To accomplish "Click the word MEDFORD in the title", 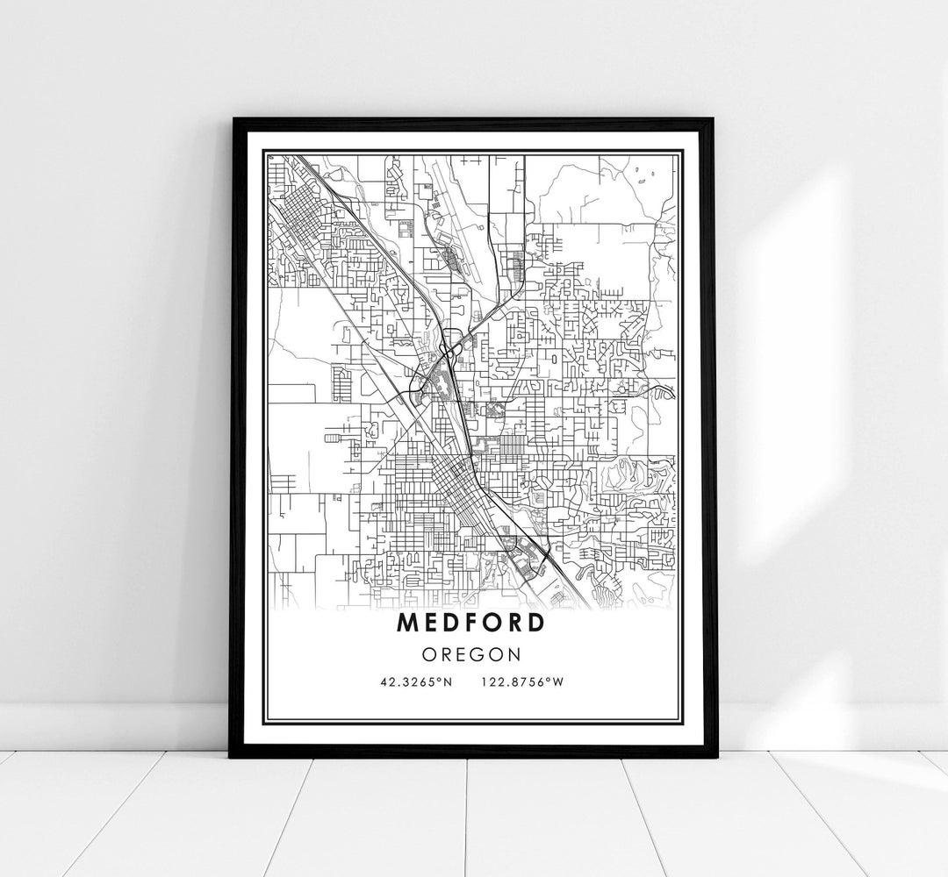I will click(x=470, y=623).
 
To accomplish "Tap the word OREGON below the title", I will click(x=471, y=654).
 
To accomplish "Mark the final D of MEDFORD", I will click(x=535, y=623).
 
